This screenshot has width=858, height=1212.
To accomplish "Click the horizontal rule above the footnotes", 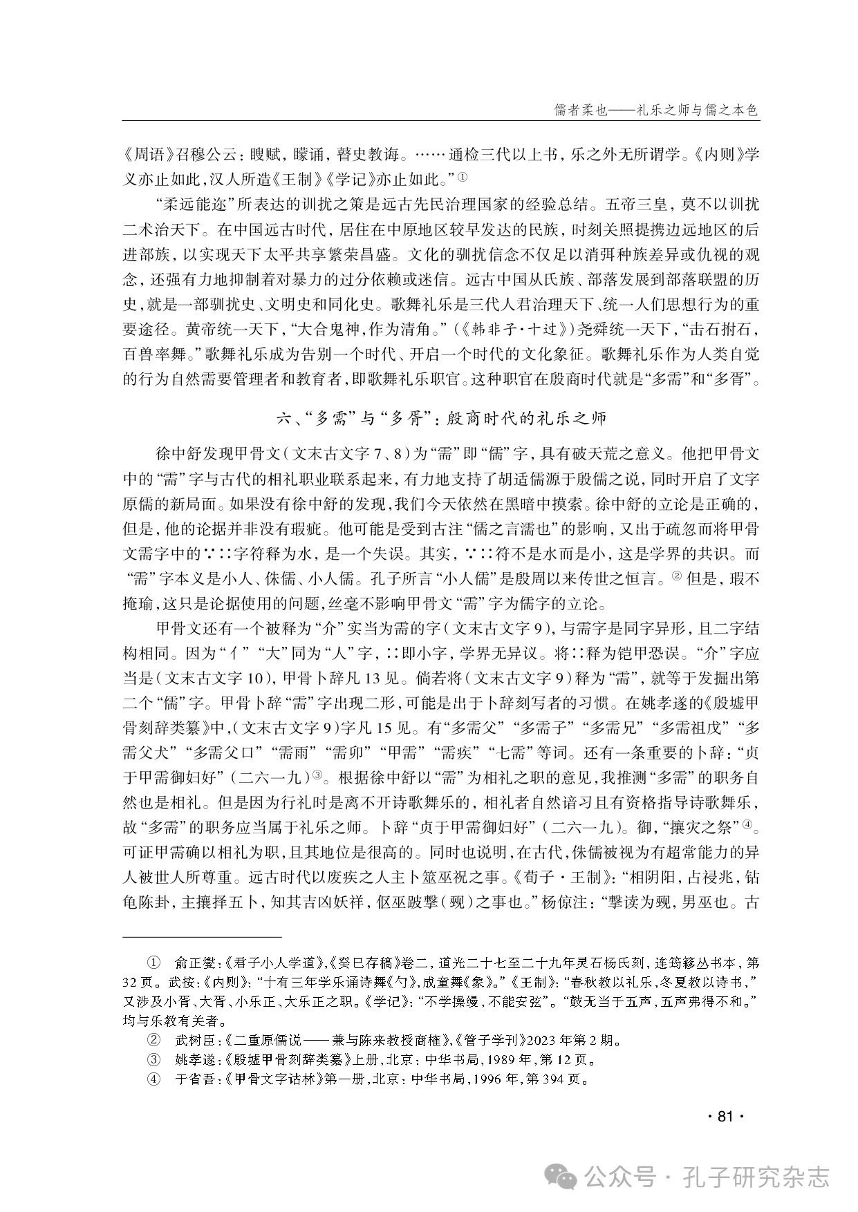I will (x=202, y=937).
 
